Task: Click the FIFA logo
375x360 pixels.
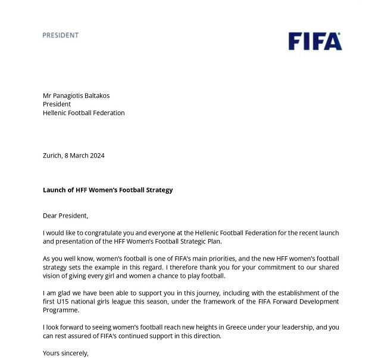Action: (x=315, y=41)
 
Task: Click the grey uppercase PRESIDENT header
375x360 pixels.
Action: (x=60, y=35)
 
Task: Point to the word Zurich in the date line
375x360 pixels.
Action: (x=52, y=156)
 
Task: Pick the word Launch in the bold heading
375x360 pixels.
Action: (x=54, y=190)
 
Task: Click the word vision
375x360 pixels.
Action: (x=52, y=276)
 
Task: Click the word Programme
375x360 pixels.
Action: (x=61, y=311)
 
